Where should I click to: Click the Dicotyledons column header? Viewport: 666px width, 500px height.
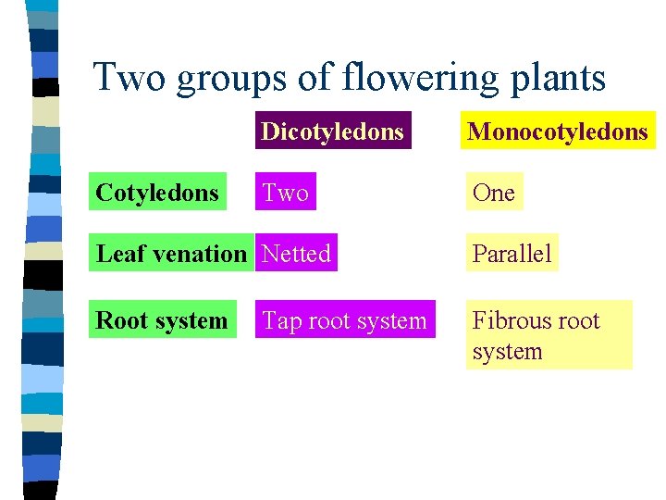coord(332,131)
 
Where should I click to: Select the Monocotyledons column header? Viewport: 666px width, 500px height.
coord(558,131)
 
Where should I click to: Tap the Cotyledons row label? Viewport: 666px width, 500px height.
coord(158,192)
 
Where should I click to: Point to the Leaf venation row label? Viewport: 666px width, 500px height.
coord(172,253)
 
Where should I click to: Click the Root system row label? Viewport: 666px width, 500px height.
coord(162,320)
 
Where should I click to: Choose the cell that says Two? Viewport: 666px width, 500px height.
coord(286,192)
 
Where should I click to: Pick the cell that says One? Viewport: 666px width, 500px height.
coord(493,192)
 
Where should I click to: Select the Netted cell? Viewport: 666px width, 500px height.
coord(296,253)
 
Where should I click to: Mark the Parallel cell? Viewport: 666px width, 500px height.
coord(512,253)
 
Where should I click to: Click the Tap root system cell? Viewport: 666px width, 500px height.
coord(345,320)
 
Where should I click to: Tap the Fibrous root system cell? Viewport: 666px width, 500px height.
coord(549,335)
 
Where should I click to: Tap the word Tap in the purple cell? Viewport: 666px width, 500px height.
coord(281,320)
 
